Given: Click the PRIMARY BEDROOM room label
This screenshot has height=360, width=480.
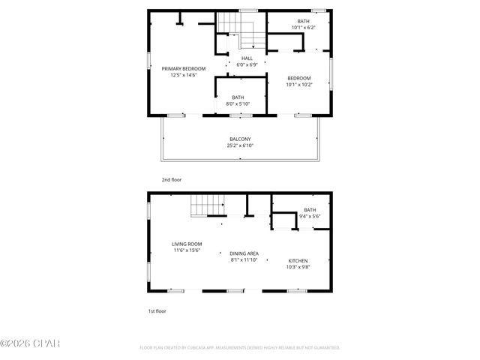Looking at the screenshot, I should (x=184, y=68).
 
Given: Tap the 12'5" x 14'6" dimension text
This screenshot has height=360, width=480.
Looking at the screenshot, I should (x=184, y=75).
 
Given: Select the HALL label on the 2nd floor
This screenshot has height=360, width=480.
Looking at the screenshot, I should (x=247, y=58).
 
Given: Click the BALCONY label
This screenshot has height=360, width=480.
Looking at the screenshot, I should (x=240, y=139).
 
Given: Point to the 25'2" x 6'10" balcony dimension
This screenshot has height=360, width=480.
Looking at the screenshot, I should (x=240, y=145).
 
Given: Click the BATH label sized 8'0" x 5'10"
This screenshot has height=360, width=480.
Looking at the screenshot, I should (x=238, y=97).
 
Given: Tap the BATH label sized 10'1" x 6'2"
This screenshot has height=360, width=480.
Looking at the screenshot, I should (x=303, y=21).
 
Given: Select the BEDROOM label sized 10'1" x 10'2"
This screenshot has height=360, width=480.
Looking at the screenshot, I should (x=299, y=77).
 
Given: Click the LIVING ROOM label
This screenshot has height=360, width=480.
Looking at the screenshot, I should (x=187, y=243).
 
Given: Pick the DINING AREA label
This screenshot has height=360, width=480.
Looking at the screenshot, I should (x=244, y=253).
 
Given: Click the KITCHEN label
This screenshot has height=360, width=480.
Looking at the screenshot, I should (x=298, y=260).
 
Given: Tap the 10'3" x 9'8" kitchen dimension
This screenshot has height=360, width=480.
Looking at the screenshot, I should (x=298, y=267).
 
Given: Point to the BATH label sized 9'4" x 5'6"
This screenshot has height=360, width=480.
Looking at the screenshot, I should (x=310, y=209).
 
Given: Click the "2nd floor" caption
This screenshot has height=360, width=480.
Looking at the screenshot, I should (x=171, y=180).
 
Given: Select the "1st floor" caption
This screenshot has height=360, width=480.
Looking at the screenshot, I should (x=156, y=310).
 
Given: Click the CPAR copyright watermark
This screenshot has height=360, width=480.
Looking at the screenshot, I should (x=30, y=343).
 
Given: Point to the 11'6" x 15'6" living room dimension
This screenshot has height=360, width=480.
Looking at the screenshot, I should (x=187, y=250).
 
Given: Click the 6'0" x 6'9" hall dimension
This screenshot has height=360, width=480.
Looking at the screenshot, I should (x=247, y=64).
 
